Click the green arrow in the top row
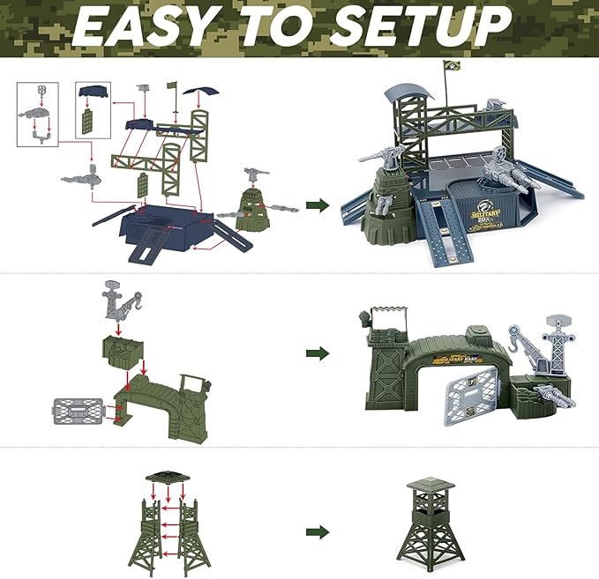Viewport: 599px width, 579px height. [x=318, y=205]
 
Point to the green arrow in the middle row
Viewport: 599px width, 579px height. [x=318, y=353]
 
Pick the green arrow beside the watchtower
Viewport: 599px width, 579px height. [x=318, y=532]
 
